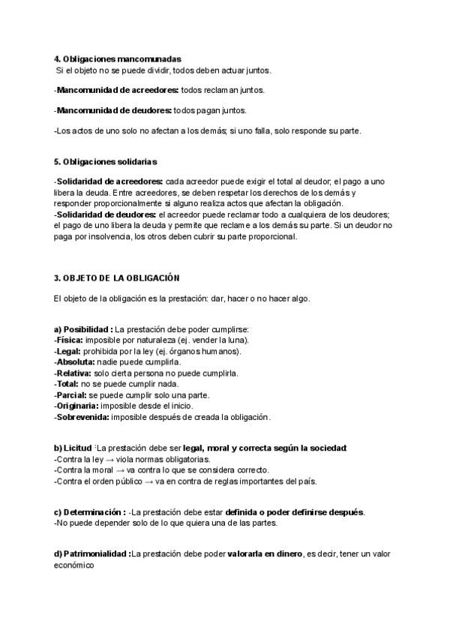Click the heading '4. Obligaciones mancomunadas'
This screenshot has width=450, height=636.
118,58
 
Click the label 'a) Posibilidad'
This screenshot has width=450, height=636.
82,329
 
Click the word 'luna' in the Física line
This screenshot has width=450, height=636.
238,340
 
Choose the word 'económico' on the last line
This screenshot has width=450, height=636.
74,565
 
